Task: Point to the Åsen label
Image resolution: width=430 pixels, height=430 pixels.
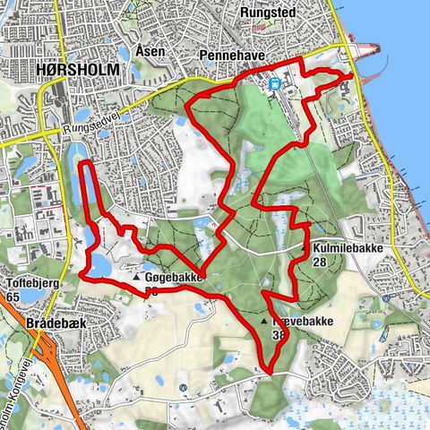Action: point(150,51)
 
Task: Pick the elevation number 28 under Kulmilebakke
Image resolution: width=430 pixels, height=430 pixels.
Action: point(319,263)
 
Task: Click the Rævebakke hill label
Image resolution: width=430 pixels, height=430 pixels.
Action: point(301,321)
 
